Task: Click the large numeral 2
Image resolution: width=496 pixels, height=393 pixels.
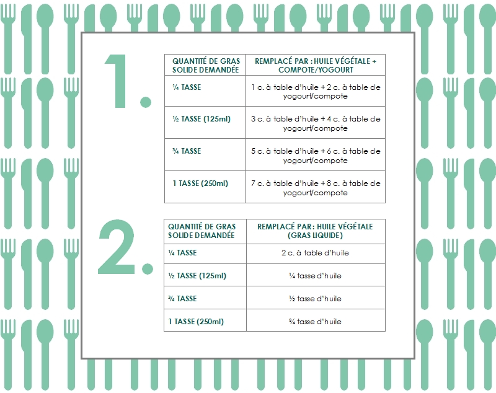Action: click(x=117, y=247)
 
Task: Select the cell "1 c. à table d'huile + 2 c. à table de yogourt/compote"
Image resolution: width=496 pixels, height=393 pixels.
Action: click(x=316, y=91)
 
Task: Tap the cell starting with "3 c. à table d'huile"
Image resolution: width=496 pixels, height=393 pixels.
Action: click(x=316, y=123)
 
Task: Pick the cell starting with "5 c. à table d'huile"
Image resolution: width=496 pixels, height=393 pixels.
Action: click(x=316, y=156)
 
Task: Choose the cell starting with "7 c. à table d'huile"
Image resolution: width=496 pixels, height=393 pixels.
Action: click(x=316, y=188)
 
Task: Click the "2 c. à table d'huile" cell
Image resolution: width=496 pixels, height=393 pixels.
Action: click(x=316, y=253)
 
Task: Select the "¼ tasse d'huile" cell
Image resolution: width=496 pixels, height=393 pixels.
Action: click(x=316, y=276)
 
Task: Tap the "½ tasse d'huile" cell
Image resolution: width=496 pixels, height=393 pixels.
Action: click(x=316, y=298)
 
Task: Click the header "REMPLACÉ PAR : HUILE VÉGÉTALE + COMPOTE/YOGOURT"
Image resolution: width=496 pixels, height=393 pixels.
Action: click(x=316, y=66)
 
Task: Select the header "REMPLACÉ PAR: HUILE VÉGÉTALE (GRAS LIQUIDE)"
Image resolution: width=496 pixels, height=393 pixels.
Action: click(x=316, y=231)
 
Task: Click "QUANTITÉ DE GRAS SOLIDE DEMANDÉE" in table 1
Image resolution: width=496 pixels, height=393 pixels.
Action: click(x=206, y=66)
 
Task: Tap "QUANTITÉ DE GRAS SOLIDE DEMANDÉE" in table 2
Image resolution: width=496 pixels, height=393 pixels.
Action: click(x=201, y=231)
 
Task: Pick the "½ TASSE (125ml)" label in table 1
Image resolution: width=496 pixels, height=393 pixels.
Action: click(x=201, y=119)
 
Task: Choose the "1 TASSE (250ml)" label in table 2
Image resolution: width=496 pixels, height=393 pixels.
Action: click(x=196, y=322)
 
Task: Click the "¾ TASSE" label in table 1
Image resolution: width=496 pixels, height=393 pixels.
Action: click(x=187, y=151)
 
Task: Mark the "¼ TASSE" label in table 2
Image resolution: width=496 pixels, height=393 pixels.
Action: click(x=182, y=253)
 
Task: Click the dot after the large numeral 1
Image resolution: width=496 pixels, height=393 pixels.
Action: click(x=146, y=102)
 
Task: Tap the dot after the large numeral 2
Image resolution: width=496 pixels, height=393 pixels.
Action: click(x=148, y=268)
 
